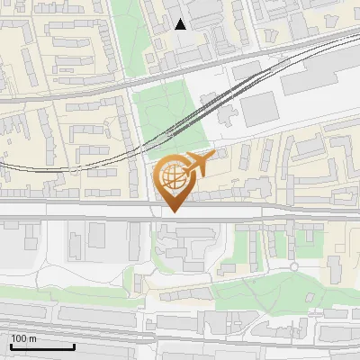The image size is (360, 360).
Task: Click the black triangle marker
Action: tap(181, 24)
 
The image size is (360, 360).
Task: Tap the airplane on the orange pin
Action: tap(197, 164)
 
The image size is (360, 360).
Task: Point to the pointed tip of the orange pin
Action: tap(173, 211)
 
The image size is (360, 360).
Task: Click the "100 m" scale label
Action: tap(23, 338)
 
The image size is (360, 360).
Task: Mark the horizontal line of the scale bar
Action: tap(42, 346)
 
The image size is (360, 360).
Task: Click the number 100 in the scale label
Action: tap(19, 338)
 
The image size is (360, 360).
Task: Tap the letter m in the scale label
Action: tap(32, 339)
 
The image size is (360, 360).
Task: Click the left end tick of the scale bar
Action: tap(11, 344)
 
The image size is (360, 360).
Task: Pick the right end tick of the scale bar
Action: tap(74, 344)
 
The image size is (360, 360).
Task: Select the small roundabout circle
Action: tap(293, 266)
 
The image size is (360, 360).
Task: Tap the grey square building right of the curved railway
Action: tap(258, 108)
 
